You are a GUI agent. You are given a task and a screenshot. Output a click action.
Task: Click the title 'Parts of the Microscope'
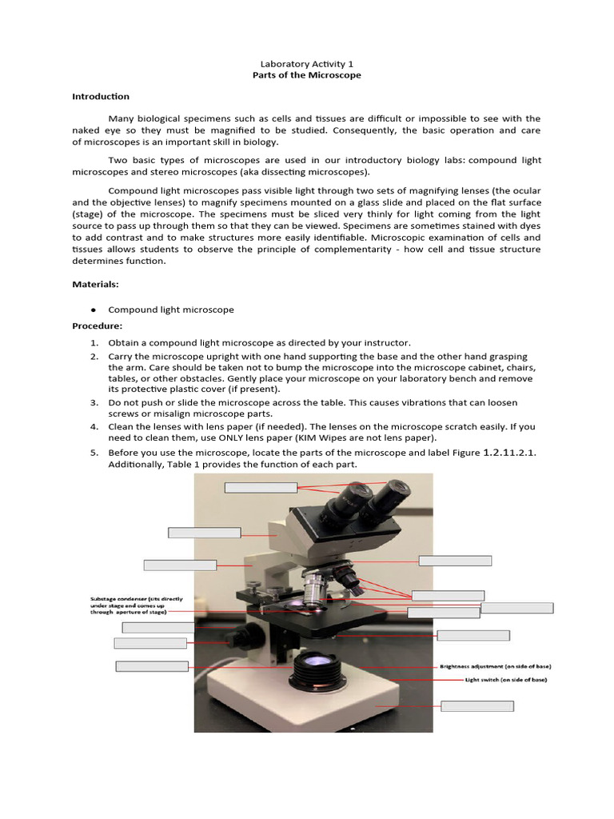(306, 75)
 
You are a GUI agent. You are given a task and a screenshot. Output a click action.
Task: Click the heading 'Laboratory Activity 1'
(306, 63)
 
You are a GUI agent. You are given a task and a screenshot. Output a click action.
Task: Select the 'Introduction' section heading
(101, 97)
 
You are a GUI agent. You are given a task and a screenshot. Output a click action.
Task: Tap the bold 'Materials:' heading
(95, 284)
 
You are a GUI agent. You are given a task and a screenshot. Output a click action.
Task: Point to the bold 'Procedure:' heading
(98, 326)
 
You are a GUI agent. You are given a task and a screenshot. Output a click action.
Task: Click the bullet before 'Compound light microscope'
(94, 310)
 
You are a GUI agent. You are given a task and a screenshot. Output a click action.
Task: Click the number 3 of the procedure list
(94, 402)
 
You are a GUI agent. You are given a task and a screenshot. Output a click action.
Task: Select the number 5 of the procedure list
(94, 453)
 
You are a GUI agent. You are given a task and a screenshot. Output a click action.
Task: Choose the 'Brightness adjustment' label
(495, 666)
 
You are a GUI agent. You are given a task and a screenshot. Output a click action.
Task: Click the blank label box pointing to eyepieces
(261, 487)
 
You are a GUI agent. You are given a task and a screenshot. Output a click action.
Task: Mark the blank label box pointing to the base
(477, 705)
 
